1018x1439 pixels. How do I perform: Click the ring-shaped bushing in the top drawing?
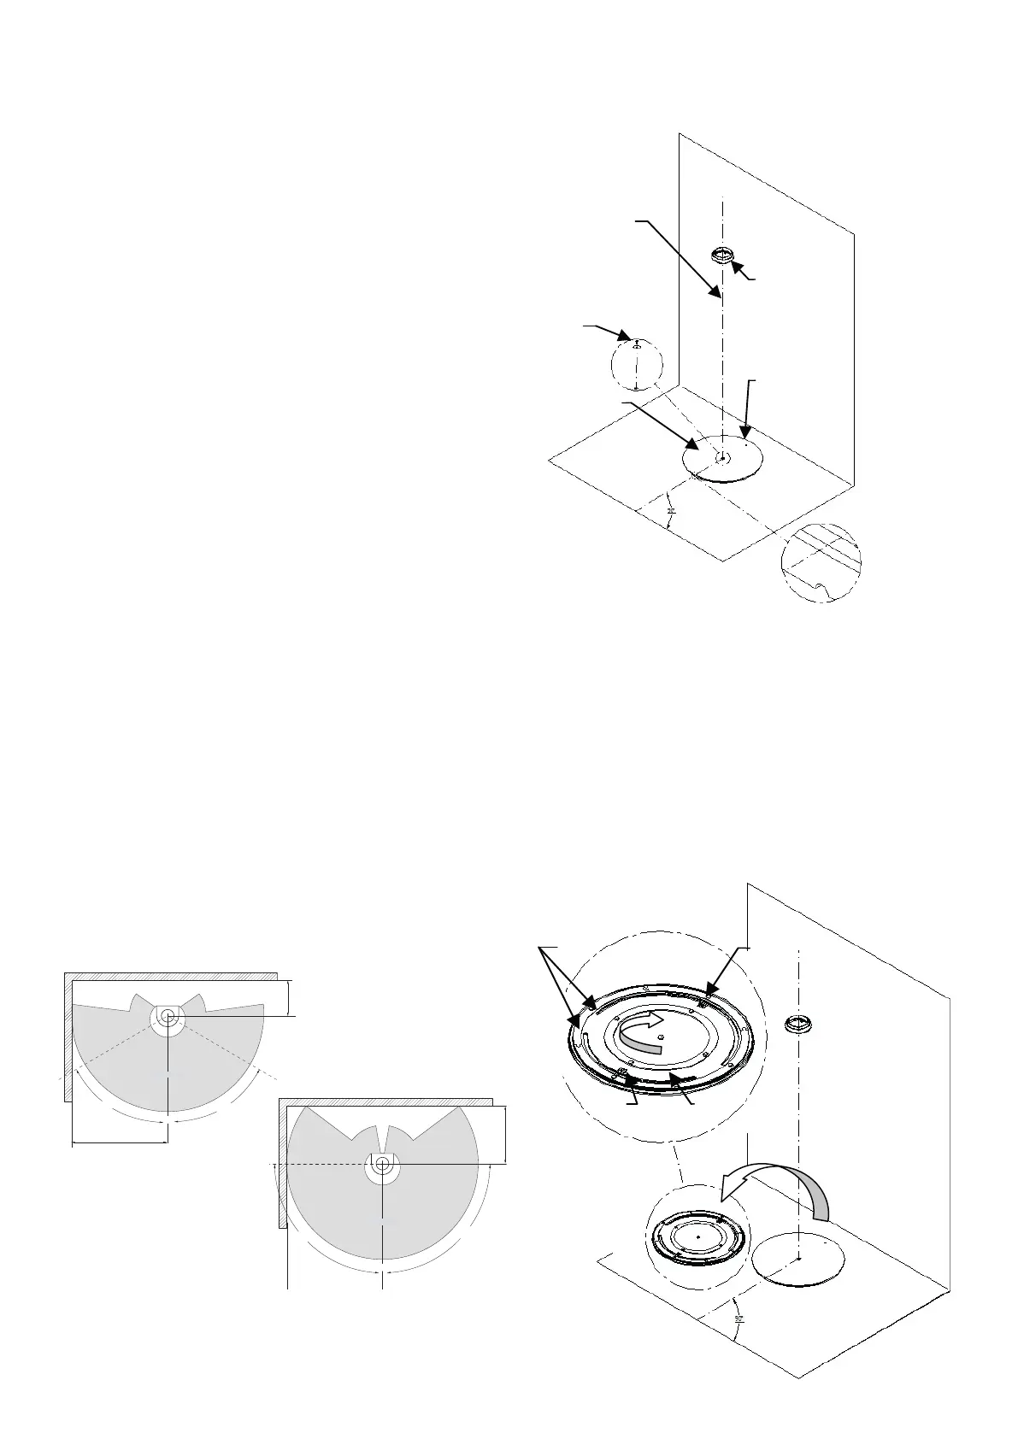tap(723, 254)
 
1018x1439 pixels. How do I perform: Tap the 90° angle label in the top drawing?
tap(671, 513)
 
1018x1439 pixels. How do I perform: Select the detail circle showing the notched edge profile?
tap(821, 562)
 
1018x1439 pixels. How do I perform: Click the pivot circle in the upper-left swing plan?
tap(167, 1015)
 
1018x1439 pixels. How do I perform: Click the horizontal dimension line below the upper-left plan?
tap(120, 1141)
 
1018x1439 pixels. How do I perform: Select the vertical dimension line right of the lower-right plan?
tap(507, 1134)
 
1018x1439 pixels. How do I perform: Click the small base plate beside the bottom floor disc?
tap(697, 1236)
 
